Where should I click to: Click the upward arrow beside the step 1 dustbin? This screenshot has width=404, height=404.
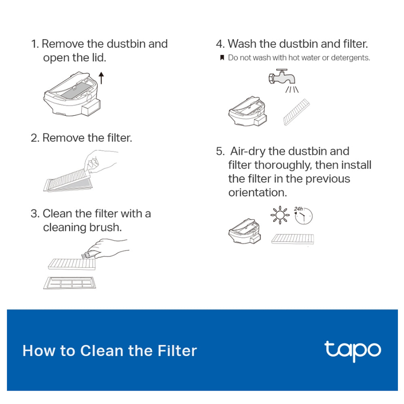101,77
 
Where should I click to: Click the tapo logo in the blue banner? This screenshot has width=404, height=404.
352,351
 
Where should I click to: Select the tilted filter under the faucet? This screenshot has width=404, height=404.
297,112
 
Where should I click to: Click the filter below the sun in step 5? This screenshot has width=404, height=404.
293,239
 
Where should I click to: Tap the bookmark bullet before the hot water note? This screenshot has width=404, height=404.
222,58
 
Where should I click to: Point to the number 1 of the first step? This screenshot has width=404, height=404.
34,44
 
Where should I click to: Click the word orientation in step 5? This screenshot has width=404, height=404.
257,192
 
